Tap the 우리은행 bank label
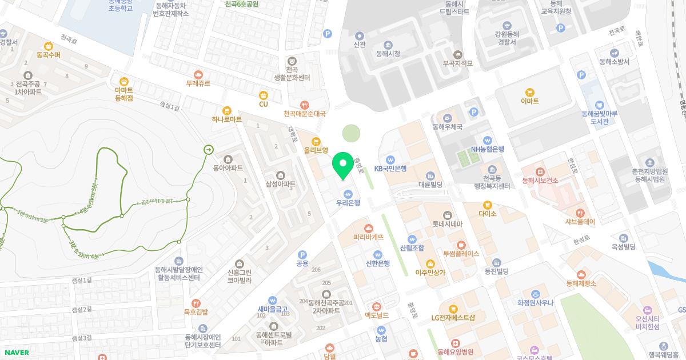coord(348,202)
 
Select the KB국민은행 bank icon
coord(390,159)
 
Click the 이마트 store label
coord(530,101)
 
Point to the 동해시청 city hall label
coord(388,54)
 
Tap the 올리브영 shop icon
coord(315,141)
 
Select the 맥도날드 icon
coord(377,307)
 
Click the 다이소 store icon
coord(487,205)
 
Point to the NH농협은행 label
coord(488,149)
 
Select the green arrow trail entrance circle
coord(208,150)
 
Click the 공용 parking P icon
coord(302,255)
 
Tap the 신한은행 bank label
coord(378,263)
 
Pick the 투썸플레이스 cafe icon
coord(461,245)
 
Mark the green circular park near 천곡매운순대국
coord(352,134)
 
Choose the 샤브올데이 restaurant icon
coord(580,213)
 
